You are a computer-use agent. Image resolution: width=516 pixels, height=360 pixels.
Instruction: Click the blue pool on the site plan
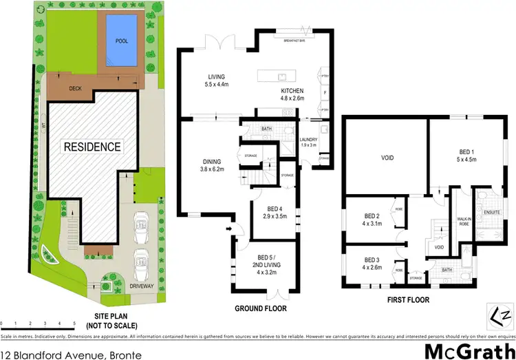click(120, 41)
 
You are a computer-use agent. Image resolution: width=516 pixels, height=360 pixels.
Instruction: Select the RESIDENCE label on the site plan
click(92, 147)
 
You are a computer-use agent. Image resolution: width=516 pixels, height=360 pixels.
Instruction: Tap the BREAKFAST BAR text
click(294, 41)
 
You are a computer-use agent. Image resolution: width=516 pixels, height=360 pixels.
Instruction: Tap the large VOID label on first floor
click(387, 158)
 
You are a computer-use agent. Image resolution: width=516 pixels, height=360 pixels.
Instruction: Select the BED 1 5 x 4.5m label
click(467, 155)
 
